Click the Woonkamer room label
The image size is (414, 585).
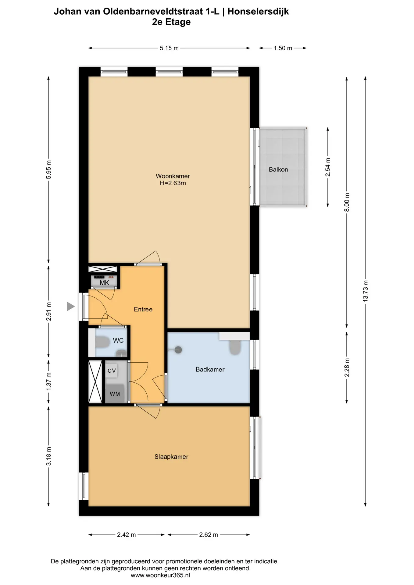pos(173,176)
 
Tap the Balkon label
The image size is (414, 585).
pos(278,170)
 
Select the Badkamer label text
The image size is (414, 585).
pos(210,370)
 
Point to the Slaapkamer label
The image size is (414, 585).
pos(171,457)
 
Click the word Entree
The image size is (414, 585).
pos(143,310)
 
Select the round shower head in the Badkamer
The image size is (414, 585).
pos(178,350)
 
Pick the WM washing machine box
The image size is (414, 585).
pos(115,394)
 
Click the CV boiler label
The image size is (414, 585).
pos(112,371)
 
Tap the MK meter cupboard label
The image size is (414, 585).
pos(104,283)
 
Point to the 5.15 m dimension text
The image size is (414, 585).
pos(169,48)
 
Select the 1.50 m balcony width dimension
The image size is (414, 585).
pos(283,48)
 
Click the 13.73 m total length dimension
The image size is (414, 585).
pos(365,291)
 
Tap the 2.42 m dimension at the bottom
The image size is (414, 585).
pos(127,535)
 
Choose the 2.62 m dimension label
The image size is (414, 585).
pos(209,535)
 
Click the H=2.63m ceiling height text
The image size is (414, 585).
pos(173,183)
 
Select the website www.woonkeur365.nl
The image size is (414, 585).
pos(160,575)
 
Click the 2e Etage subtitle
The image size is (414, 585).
pos(171,22)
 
